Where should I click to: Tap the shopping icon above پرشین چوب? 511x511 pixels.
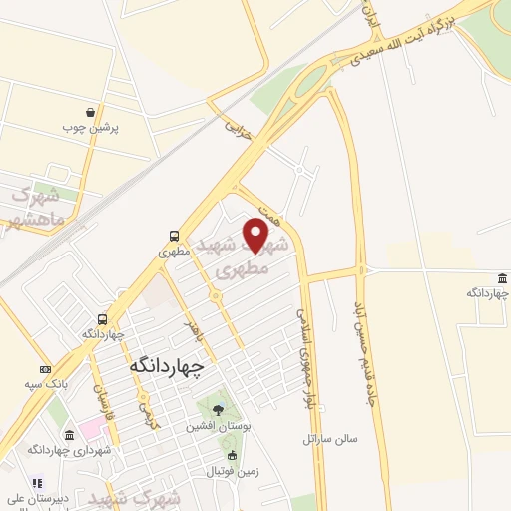pos(91,113)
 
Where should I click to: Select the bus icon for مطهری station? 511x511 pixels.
pos(175,237)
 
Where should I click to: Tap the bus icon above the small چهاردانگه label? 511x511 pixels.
pos(103,320)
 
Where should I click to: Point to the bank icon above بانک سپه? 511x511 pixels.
pos(46,369)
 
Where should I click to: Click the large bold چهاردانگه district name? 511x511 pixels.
pos(166,366)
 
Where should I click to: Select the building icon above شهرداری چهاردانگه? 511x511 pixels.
pos(68,435)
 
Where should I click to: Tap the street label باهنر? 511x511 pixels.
pos(193,329)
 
